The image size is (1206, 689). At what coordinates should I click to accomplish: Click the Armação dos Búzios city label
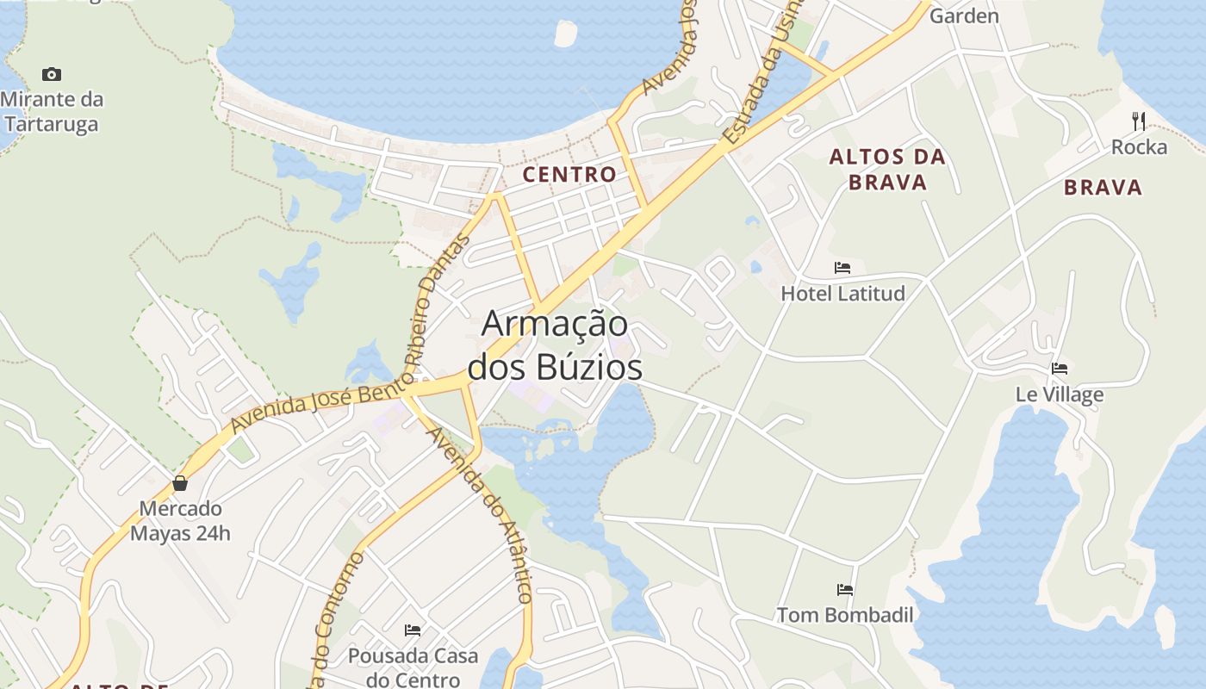coord(555,345)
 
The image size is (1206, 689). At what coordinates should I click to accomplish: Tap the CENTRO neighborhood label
coord(569,174)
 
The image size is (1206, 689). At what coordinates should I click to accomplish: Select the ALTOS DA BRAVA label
coord(887,170)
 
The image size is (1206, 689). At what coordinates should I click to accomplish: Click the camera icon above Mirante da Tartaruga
coord(52,75)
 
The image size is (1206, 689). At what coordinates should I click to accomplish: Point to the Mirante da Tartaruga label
coord(52,111)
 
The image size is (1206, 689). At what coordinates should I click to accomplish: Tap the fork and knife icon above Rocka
coord(1139,121)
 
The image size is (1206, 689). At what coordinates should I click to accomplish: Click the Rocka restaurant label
coord(1139,147)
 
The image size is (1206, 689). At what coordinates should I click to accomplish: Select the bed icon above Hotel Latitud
coord(842,268)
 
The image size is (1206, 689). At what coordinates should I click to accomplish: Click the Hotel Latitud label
coord(842,294)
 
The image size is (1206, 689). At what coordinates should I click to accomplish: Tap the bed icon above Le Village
coord(1060,369)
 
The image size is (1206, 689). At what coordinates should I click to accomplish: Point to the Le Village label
coord(1060,395)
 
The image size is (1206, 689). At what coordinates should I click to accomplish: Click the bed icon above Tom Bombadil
coord(845,590)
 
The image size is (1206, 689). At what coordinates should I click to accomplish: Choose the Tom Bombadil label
coord(845,615)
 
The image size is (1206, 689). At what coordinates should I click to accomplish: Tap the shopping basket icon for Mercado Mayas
coord(180,483)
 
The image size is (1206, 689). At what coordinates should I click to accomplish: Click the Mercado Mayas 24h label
coord(181,521)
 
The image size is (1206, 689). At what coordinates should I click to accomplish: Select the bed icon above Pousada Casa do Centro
coord(413,630)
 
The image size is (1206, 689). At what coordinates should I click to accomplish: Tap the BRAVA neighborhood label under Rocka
coord(1103,188)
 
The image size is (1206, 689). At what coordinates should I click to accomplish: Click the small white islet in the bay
coord(566,34)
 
